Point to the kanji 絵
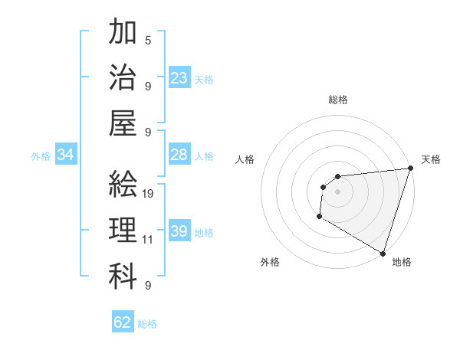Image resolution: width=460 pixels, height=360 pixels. pyautogui.click(x=123, y=185)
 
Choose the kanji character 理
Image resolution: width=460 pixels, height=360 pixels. pyautogui.click(x=123, y=230)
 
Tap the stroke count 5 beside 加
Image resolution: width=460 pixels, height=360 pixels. pyautogui.click(x=147, y=40)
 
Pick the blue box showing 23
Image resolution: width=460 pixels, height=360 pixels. pyautogui.click(x=179, y=78)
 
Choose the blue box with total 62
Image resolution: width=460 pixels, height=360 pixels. pyautogui.click(x=123, y=322)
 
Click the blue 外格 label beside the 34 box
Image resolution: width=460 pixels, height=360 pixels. pyautogui.click(x=41, y=156)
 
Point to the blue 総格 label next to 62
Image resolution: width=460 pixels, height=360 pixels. pyautogui.click(x=147, y=324)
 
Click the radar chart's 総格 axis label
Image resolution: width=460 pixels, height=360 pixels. pyautogui.click(x=337, y=100)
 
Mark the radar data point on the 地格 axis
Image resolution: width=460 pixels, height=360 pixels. pyautogui.click(x=383, y=254)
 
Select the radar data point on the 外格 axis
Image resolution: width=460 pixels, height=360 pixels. pyautogui.click(x=319, y=217)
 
